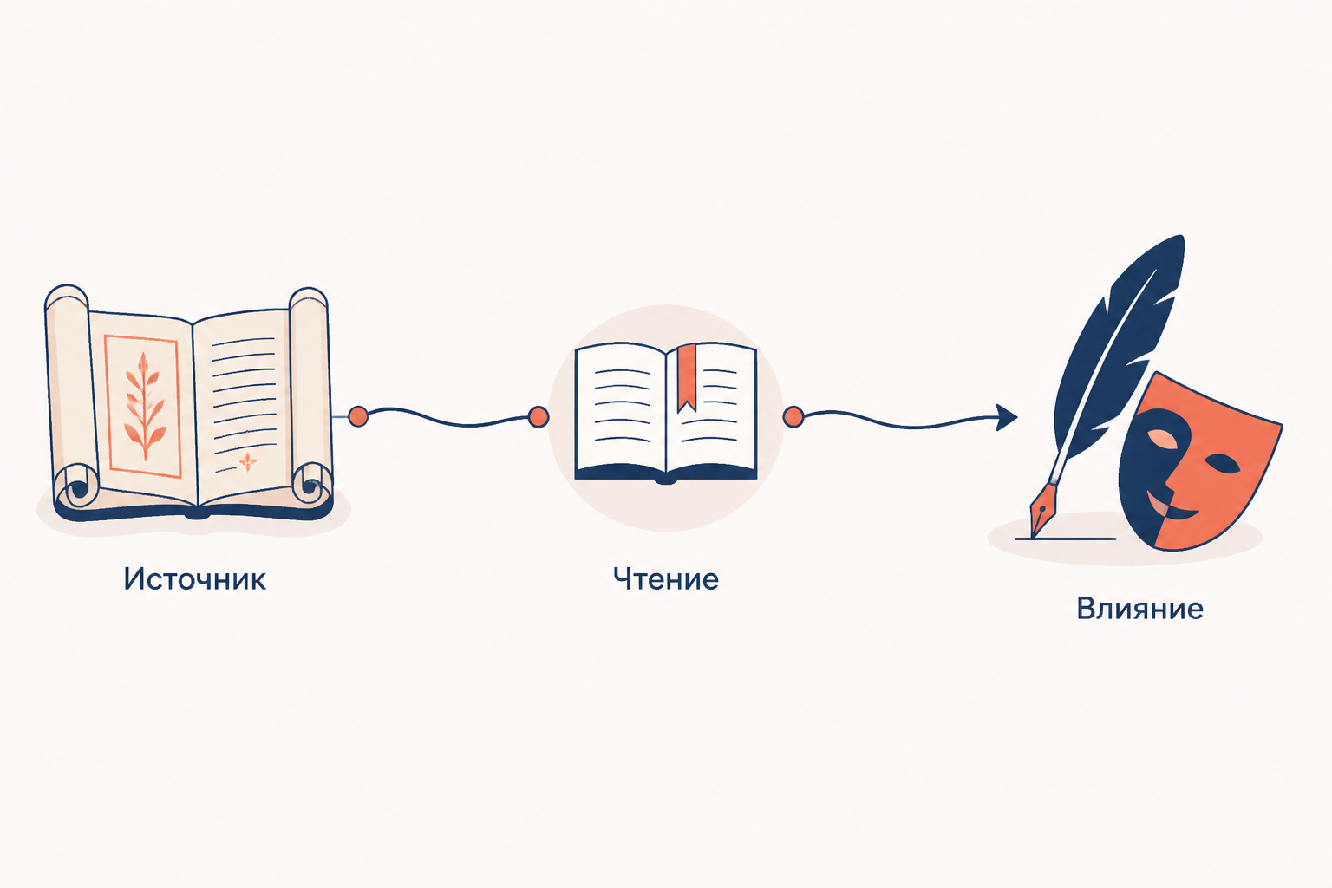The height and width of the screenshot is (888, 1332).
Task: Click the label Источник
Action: pyautogui.click(x=194, y=578)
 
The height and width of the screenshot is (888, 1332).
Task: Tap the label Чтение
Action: pyautogui.click(x=665, y=578)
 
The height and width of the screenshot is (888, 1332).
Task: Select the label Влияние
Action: pyautogui.click(x=1139, y=609)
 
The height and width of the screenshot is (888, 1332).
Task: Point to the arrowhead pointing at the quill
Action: pyautogui.click(x=1006, y=417)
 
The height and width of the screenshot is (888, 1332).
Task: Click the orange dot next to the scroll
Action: pyautogui.click(x=358, y=416)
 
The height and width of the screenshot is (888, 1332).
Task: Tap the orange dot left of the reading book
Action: pyautogui.click(x=539, y=417)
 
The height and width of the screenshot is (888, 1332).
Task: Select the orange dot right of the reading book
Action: pyautogui.click(x=793, y=417)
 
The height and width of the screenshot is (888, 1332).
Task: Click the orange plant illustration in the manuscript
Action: pyautogui.click(x=143, y=407)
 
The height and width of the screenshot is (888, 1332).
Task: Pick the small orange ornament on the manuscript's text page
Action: pyautogui.click(x=248, y=461)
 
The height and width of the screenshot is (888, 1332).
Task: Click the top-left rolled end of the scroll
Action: pyautogui.click(x=66, y=297)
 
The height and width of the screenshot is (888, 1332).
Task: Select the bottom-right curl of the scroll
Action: pyautogui.click(x=310, y=485)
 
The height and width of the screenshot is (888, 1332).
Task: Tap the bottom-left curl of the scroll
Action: pyautogui.click(x=77, y=486)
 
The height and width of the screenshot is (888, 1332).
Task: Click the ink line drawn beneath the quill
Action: pyautogui.click(x=1065, y=539)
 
